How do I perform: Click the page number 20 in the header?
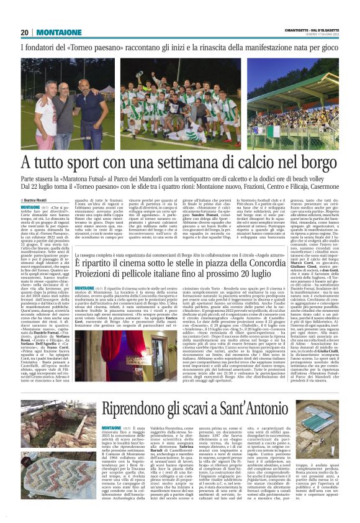tap(25, 32)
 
